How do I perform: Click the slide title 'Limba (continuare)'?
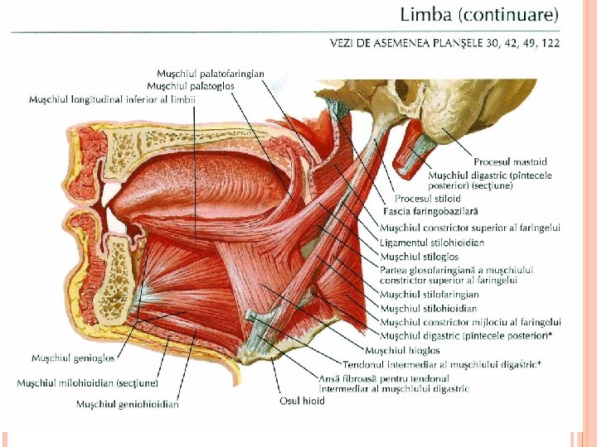[x=479, y=14]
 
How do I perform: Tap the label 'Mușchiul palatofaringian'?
[x=211, y=74]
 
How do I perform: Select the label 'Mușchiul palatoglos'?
[x=191, y=86]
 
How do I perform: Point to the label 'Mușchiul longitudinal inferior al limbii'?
[x=113, y=100]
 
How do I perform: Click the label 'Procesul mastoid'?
[x=510, y=162]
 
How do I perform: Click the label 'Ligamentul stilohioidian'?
[x=432, y=243]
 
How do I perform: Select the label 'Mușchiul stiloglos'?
[x=420, y=257]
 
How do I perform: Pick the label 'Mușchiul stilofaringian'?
[x=430, y=294]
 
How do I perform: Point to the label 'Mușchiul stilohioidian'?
[x=429, y=308]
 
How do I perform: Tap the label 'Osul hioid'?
[x=302, y=401]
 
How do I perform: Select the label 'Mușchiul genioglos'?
[x=73, y=358]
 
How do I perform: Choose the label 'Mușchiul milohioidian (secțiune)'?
[x=88, y=383]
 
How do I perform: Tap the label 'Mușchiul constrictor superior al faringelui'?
[x=470, y=228]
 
